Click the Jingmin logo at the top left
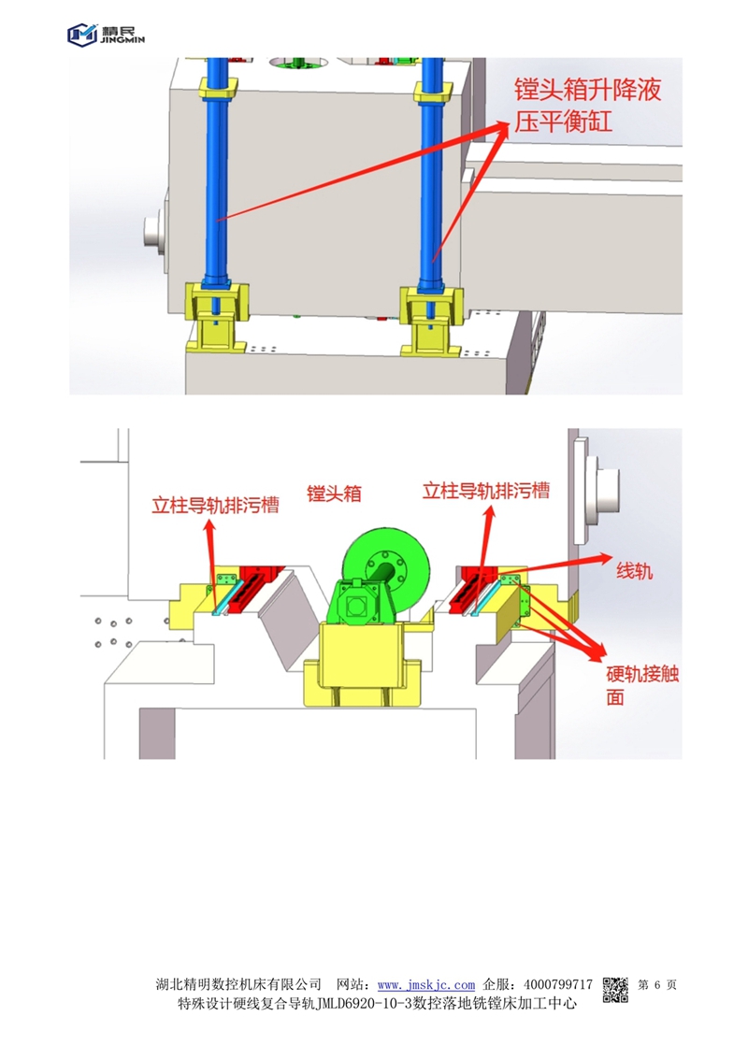(x=106, y=34)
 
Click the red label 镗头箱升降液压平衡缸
(x=587, y=106)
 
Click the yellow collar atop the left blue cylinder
(x=218, y=88)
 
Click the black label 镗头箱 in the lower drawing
(x=334, y=493)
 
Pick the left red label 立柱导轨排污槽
(x=215, y=505)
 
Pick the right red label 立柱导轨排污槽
(x=486, y=491)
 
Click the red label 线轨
(x=634, y=571)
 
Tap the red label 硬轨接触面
(x=641, y=685)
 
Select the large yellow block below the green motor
(x=362, y=665)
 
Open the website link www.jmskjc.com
(x=425, y=985)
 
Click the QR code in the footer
(x=615, y=990)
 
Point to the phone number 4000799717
(x=557, y=985)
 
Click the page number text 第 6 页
(x=656, y=985)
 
